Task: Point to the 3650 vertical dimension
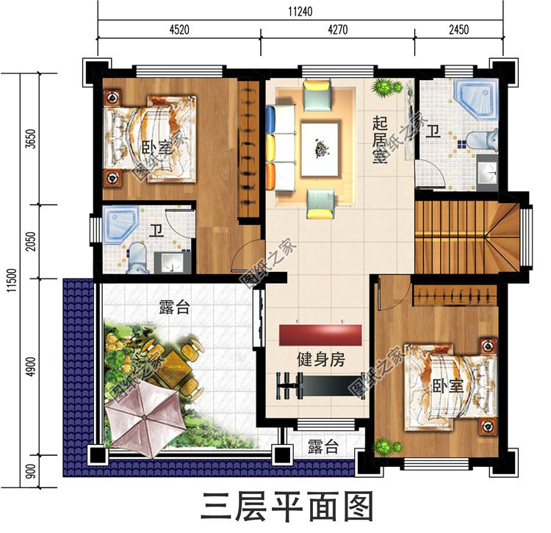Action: (29, 139)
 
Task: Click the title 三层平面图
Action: (288, 507)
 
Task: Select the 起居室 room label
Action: (380, 140)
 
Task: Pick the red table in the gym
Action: (321, 335)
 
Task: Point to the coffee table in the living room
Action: (320, 149)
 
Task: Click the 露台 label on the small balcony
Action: (323, 446)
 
